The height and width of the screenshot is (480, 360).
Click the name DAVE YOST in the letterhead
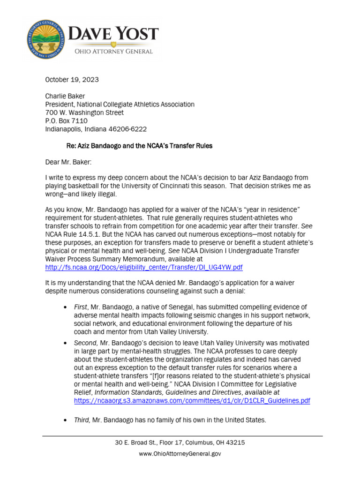point(114,35)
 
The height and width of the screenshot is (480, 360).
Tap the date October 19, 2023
point(72,80)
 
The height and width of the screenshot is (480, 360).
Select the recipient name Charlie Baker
point(65,96)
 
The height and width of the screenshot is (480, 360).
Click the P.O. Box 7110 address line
point(66,121)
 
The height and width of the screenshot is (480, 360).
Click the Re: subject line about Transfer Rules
point(139,146)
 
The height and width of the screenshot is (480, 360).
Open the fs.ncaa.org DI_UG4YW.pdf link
point(144,267)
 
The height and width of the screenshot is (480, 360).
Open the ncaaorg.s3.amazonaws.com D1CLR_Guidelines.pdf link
point(192,401)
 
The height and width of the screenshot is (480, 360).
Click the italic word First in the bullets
point(81,307)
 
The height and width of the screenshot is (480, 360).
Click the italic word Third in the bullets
point(82,420)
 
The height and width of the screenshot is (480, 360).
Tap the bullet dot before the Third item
point(64,420)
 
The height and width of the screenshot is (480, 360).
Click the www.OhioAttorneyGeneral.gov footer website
point(180,453)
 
